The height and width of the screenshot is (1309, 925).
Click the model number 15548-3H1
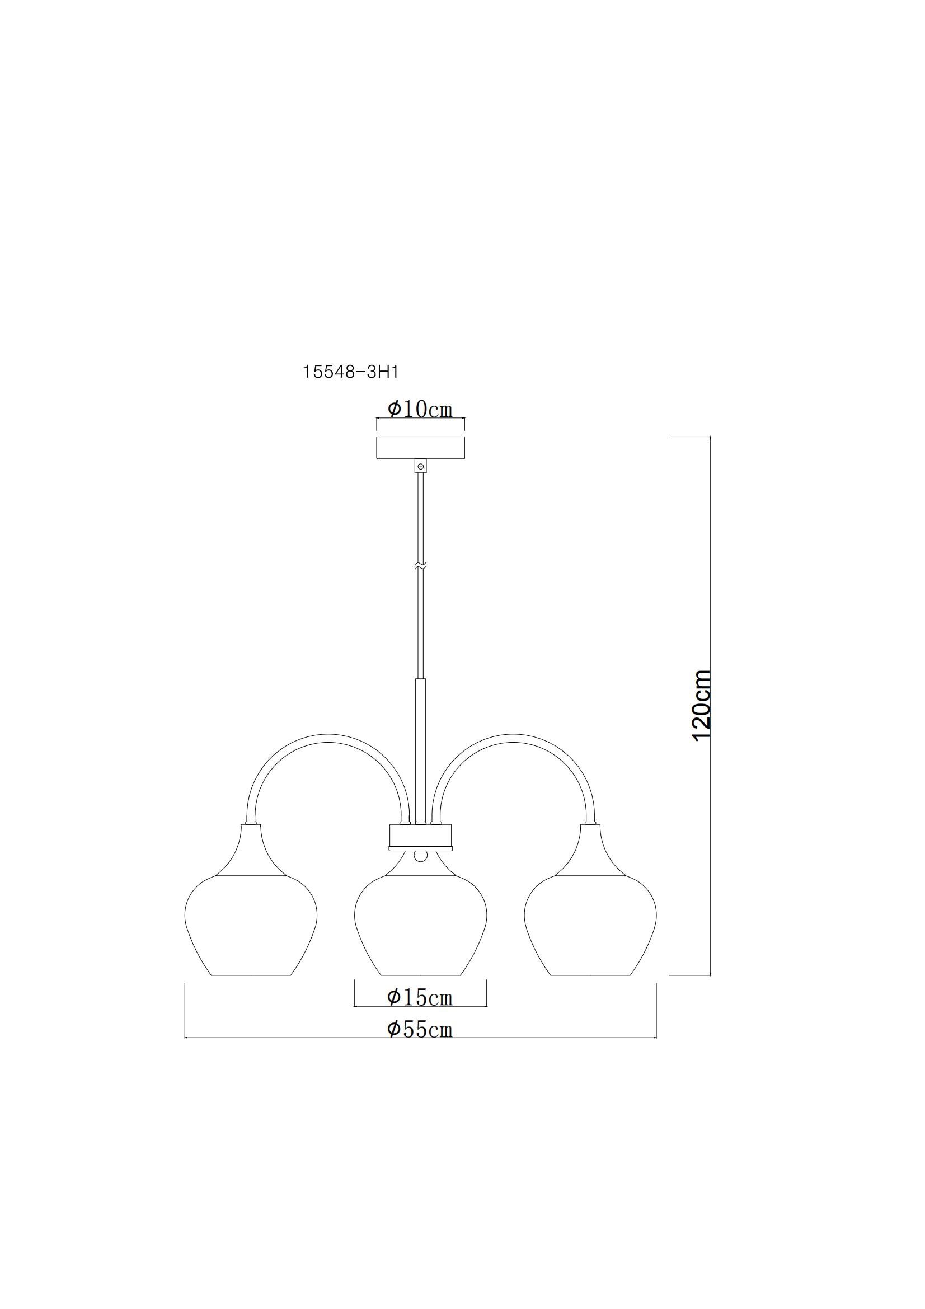tap(350, 372)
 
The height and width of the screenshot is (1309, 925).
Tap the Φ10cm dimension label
tap(420, 409)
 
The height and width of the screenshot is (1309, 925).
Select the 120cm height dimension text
tap(701, 705)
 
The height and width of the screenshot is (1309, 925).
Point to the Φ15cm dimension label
tap(420, 997)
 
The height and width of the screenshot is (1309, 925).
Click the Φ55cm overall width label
tap(420, 1029)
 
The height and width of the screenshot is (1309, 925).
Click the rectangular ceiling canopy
tap(420, 448)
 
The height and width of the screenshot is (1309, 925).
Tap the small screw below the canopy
tap(421, 466)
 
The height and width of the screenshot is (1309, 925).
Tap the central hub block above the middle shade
tap(421, 837)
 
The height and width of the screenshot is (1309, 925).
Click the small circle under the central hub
tap(421, 857)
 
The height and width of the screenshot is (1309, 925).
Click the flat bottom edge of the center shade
tap(421, 975)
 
